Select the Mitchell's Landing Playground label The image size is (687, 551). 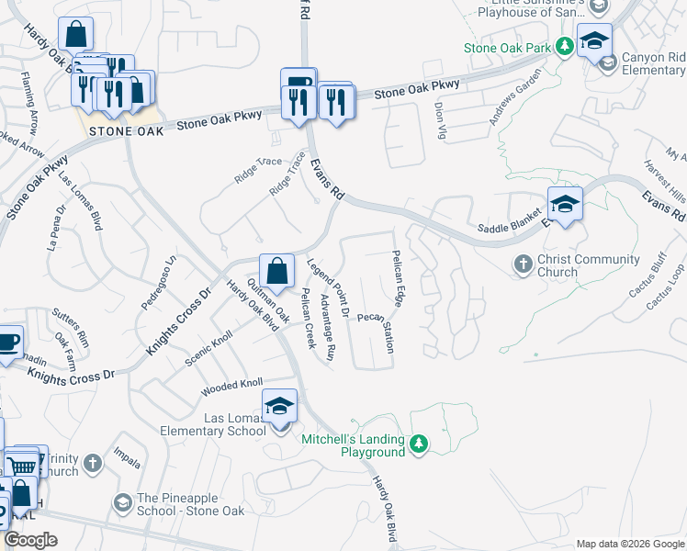354,445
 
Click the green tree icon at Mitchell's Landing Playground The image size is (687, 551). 419,444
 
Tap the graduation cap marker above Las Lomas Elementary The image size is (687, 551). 280,406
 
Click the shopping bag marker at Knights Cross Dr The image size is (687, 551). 276,271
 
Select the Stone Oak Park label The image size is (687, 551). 508,48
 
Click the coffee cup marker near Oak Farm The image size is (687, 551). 7,343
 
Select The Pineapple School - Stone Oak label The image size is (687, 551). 191,504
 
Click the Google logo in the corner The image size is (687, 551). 31,540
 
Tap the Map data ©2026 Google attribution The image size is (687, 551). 629,544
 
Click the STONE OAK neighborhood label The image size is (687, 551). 127,131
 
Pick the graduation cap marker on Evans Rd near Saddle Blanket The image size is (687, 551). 565,205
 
